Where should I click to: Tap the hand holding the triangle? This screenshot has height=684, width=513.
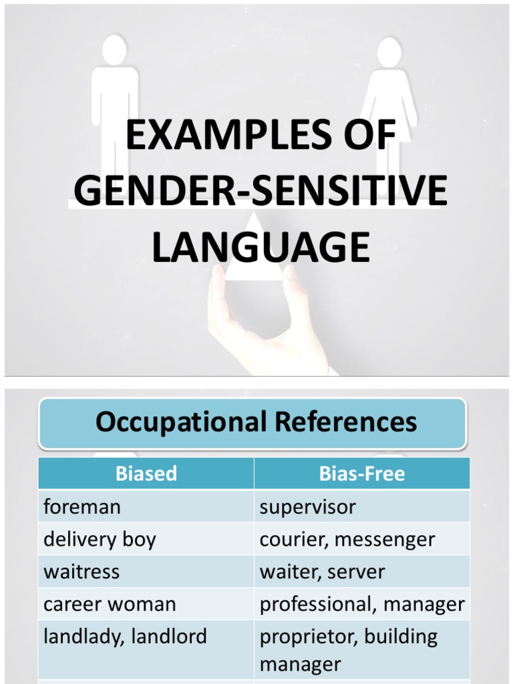(267, 327)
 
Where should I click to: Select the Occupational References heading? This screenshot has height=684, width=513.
(256, 422)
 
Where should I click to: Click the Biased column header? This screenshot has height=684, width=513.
(146, 474)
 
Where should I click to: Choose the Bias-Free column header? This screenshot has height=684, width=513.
(361, 474)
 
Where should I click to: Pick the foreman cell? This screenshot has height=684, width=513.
(82, 507)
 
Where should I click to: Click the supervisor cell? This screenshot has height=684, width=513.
(307, 507)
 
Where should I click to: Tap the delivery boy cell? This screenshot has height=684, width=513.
(100, 539)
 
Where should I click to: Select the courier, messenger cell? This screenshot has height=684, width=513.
(347, 539)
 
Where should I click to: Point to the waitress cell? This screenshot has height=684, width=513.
(81, 572)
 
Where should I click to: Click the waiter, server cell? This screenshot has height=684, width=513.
(322, 572)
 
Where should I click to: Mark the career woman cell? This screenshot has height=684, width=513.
(110, 605)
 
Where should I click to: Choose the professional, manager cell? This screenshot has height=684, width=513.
(361, 605)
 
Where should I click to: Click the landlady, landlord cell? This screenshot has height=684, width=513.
(125, 637)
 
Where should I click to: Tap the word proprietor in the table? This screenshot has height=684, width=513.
(300, 637)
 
